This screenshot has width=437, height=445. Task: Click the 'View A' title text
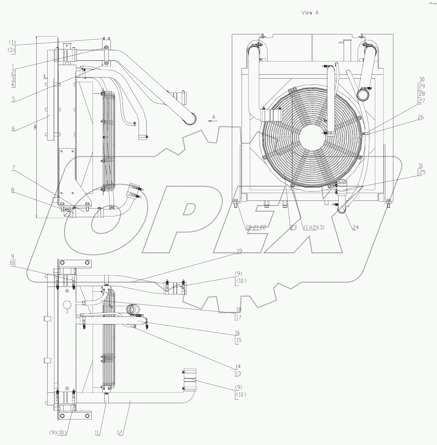(x=310, y=13)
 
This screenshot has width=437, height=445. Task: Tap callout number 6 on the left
(x=13, y=128)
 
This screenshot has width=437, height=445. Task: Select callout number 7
(x=13, y=168)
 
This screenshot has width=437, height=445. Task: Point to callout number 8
(x=13, y=190)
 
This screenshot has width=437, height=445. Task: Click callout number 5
(x=13, y=99)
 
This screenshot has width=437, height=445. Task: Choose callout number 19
(x=239, y=251)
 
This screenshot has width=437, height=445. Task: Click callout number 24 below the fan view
(x=355, y=227)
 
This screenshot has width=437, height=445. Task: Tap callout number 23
(x=293, y=227)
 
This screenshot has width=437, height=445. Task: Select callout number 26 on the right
(x=421, y=117)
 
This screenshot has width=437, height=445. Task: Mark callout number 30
(x=422, y=80)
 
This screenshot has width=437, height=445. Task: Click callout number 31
(x=421, y=166)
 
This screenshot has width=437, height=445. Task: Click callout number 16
(x=237, y=333)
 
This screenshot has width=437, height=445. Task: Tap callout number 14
(x=238, y=366)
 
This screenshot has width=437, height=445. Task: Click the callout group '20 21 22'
(x=256, y=227)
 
